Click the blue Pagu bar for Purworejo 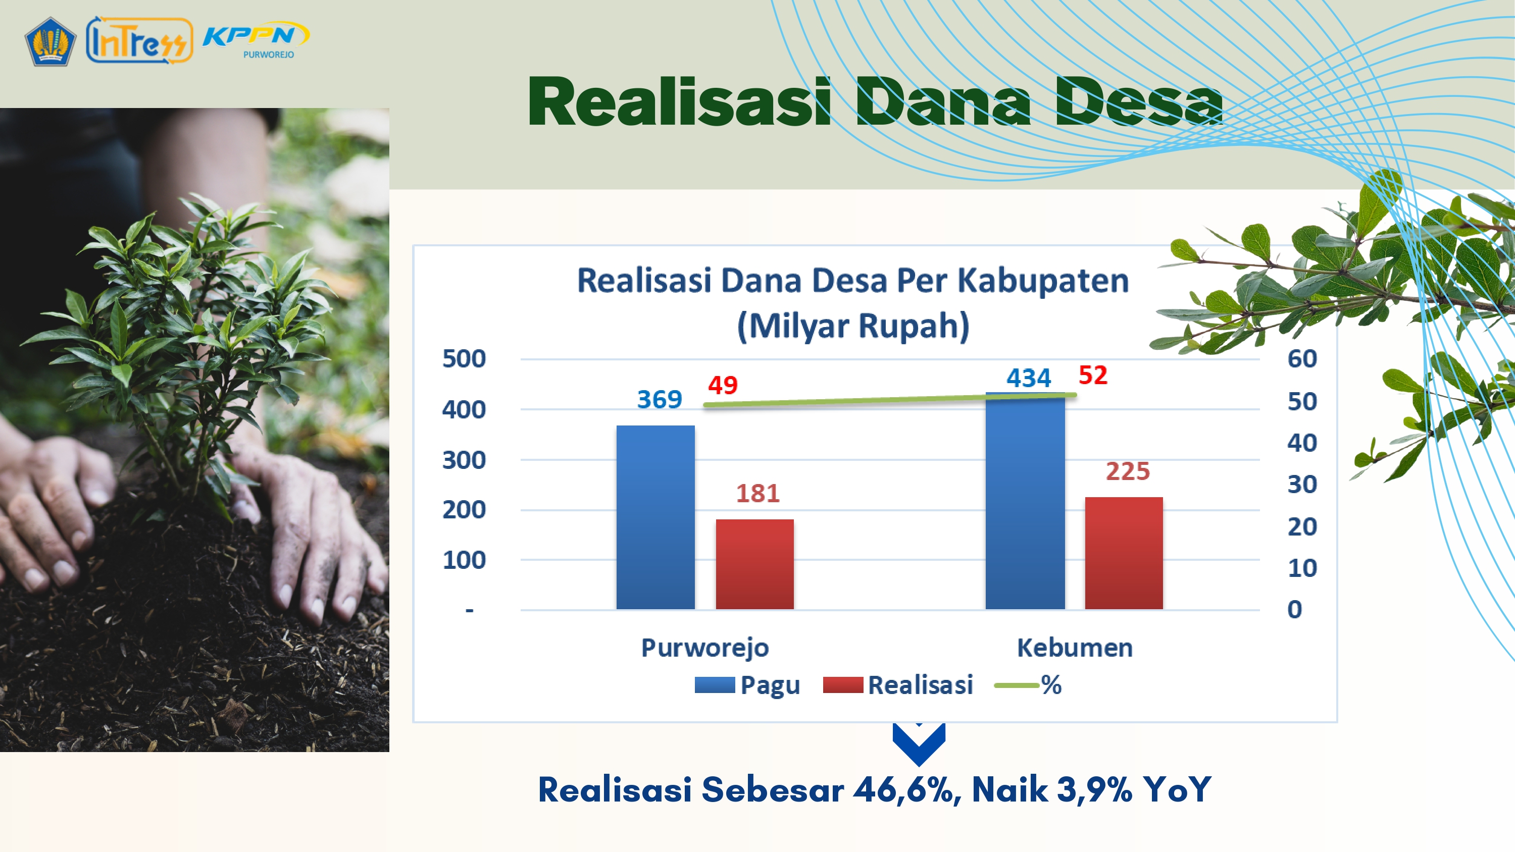pos(655,517)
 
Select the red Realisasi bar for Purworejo pos(754,564)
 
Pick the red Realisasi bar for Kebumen pos(1124,553)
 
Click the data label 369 pos(660,399)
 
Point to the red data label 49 pos(722,385)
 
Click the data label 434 pos(1029,378)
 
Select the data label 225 pos(1128,471)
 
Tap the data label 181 pos(757,493)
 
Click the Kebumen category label pos(1075,648)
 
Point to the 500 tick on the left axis pos(464,359)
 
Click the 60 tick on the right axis pos(1302,359)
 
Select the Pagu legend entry pos(747,685)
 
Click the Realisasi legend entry pos(898,685)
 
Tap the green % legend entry pos(1028,685)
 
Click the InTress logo pos(139,40)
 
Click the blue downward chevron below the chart pos(919,744)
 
